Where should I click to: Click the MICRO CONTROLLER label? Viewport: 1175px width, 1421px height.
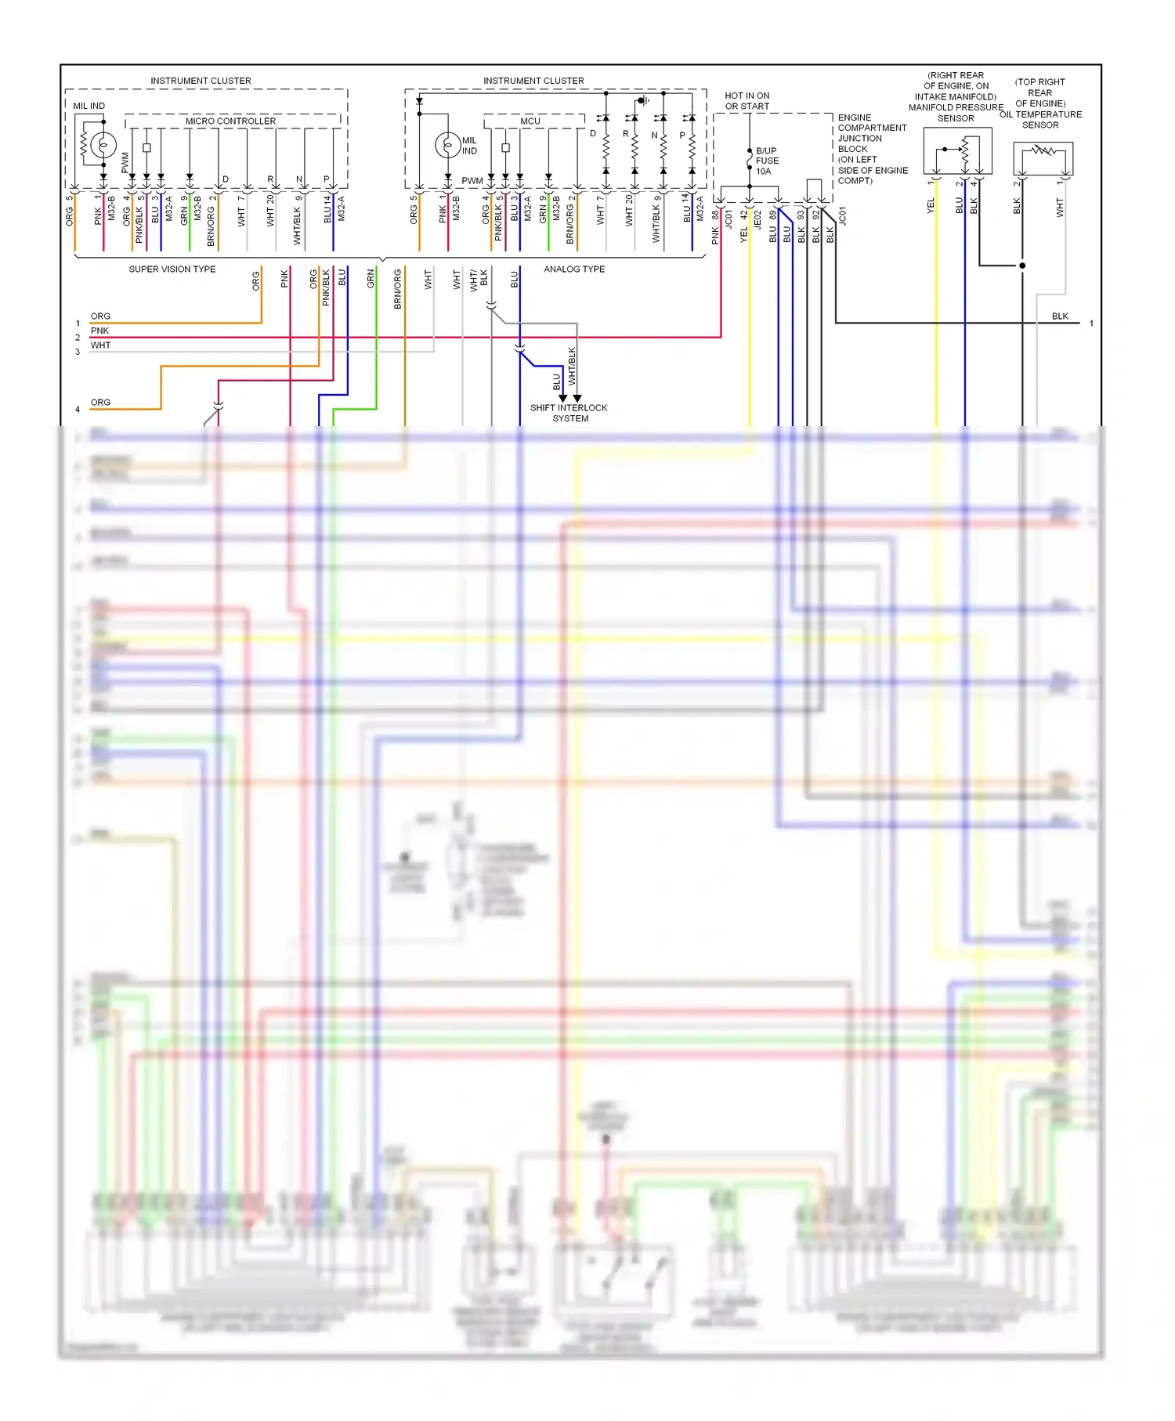(x=230, y=121)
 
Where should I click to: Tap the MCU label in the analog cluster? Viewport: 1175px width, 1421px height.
(x=530, y=121)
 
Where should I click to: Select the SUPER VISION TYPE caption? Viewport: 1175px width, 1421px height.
(x=172, y=269)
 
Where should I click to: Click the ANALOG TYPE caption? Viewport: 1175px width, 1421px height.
(x=574, y=269)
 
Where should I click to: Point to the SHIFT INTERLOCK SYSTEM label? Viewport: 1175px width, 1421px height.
(x=569, y=413)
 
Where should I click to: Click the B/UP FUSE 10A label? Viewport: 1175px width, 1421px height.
(x=767, y=161)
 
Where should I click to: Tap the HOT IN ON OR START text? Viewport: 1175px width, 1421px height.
(x=747, y=101)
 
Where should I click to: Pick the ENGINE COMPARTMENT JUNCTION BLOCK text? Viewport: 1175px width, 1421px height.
(x=872, y=149)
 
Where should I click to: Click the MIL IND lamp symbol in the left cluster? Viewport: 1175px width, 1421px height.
(x=103, y=145)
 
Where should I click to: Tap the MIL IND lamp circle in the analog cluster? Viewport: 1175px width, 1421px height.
(x=447, y=145)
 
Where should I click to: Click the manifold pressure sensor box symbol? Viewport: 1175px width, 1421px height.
(x=957, y=150)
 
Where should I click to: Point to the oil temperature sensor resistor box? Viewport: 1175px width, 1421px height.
(x=1043, y=157)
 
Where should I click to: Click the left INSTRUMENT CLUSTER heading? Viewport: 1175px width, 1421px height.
(x=201, y=81)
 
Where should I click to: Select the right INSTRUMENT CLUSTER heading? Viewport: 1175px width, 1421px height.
(x=533, y=81)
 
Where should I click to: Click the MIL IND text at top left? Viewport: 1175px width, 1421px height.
(x=89, y=106)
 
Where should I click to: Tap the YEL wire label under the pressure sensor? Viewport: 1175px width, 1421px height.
(x=931, y=205)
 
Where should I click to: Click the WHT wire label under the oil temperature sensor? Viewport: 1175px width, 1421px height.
(x=1059, y=207)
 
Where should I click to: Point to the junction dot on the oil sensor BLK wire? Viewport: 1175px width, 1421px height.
(x=1022, y=266)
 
